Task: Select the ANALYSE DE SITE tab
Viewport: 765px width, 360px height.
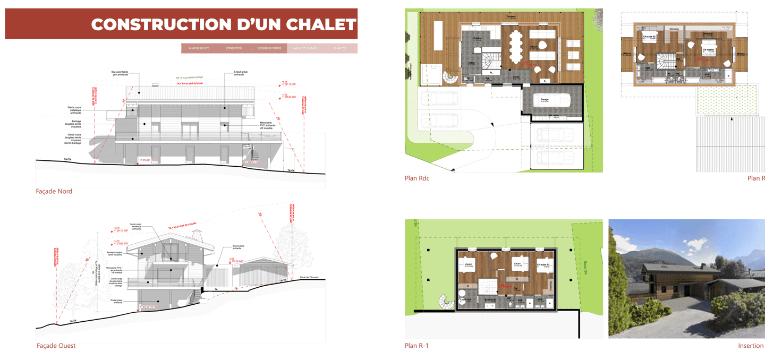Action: tap(199, 48)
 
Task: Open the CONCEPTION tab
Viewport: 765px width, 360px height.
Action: tap(234, 48)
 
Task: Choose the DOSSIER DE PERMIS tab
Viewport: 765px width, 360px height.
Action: tap(269, 48)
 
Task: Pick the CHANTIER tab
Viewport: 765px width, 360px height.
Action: tap(340, 48)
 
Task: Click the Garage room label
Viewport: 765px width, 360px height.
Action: tap(545, 99)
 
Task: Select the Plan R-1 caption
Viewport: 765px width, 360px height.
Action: tap(416, 346)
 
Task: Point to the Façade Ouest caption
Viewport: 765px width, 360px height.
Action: tap(56, 346)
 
